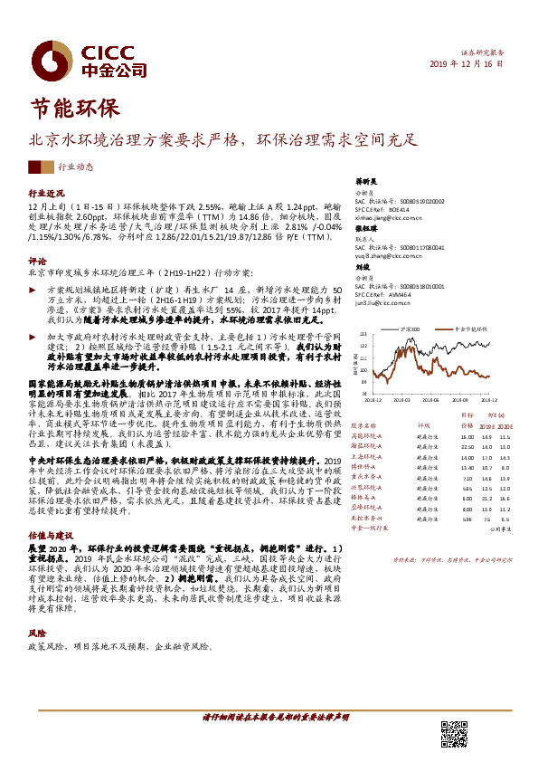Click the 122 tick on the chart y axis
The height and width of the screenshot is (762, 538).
click(363, 345)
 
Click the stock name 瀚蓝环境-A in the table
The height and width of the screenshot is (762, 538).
click(368, 446)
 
